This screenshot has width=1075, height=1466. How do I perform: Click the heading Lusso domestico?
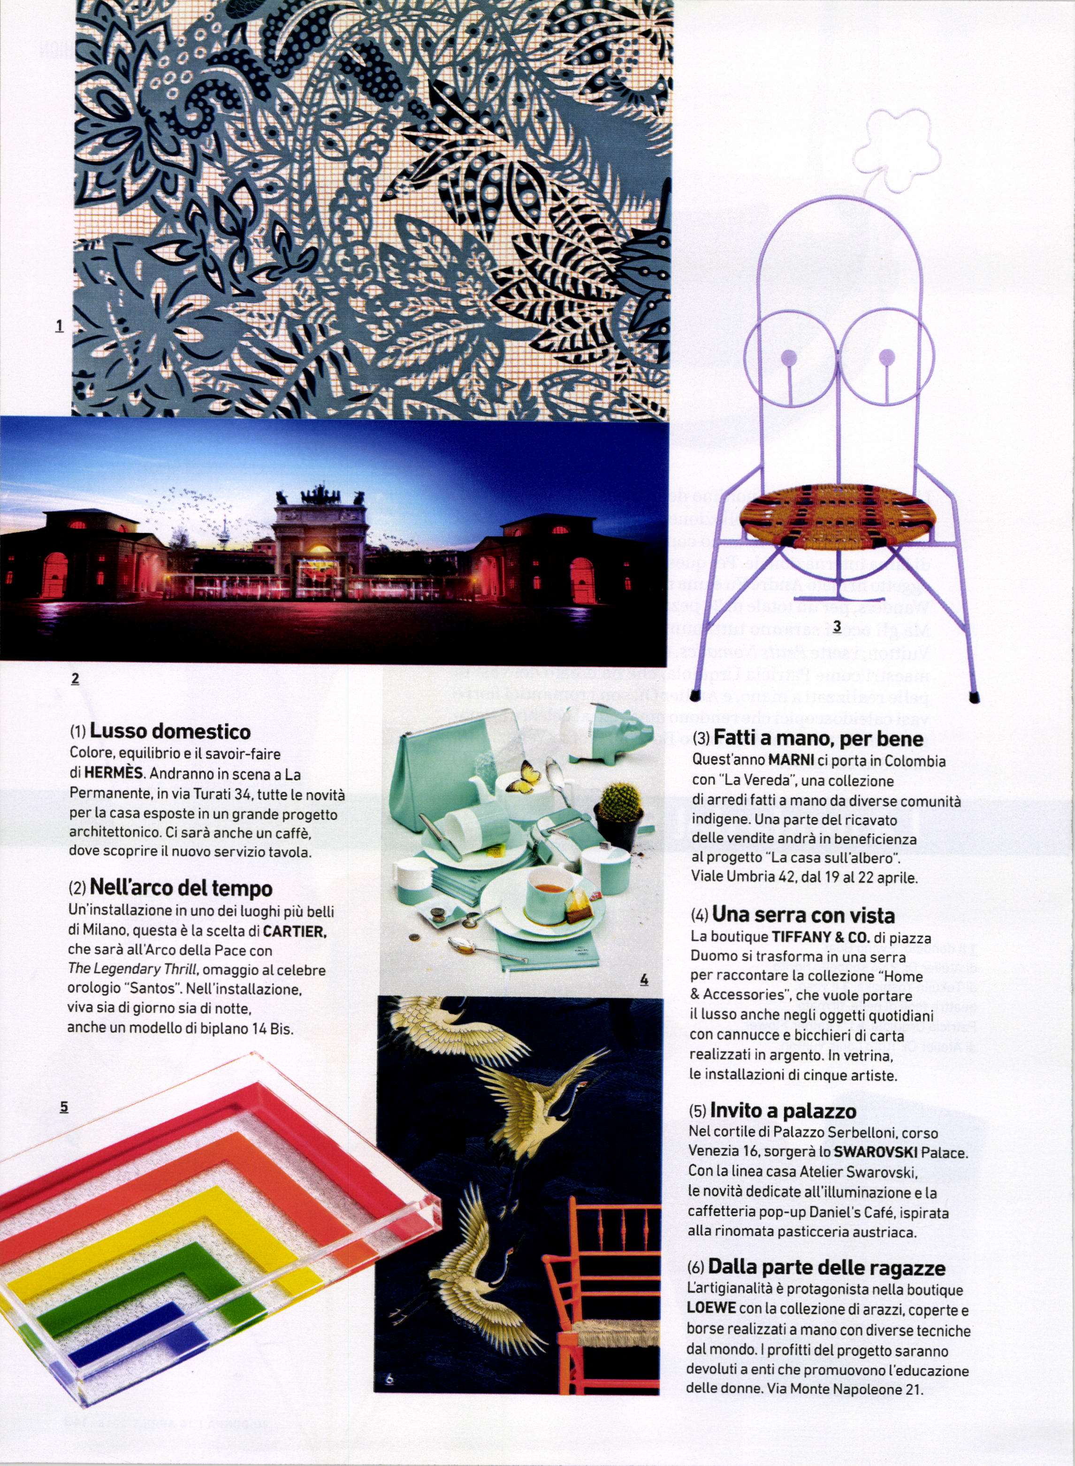(x=169, y=732)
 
